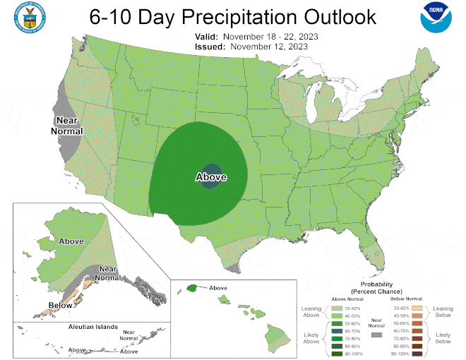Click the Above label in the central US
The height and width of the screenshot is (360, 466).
(210, 177)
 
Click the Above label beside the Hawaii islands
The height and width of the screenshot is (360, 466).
(218, 288)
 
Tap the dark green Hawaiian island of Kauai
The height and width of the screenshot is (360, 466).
(191, 288)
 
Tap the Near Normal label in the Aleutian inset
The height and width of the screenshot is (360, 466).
(129, 335)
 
